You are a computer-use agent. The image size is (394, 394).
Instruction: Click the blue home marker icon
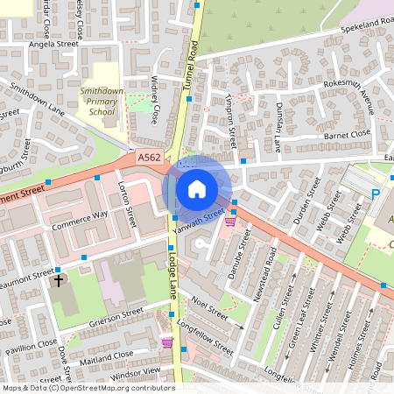pyautogui.click(x=197, y=188)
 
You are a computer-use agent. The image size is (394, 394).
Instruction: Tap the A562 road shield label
pyautogui.click(x=148, y=158)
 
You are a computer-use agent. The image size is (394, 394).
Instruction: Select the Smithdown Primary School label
pyautogui.click(x=97, y=101)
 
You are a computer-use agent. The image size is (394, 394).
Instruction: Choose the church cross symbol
pyautogui.click(x=60, y=281)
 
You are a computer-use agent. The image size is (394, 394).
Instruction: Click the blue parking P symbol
pyautogui.click(x=376, y=194)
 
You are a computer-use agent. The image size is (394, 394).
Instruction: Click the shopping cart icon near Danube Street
pyautogui.click(x=230, y=222)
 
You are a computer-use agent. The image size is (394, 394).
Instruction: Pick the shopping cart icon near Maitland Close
pyautogui.click(x=166, y=342)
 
